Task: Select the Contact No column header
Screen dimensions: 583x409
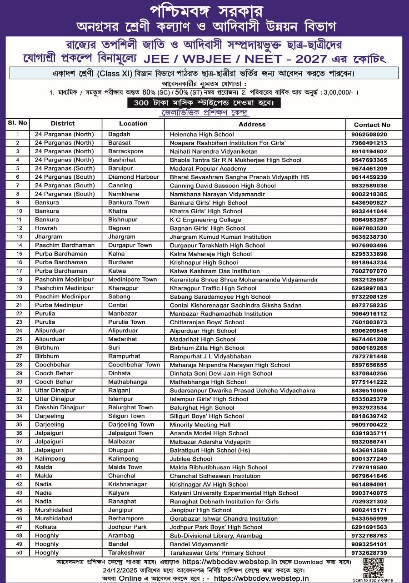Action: click(x=372, y=125)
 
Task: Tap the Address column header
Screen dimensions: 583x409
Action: click(x=252, y=124)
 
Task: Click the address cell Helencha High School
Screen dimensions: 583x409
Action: click(x=202, y=135)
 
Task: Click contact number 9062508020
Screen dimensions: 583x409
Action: click(x=369, y=135)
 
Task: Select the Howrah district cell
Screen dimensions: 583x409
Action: click(x=46, y=228)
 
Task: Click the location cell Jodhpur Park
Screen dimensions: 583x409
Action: click(x=127, y=527)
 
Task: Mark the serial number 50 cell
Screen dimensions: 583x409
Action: click(x=18, y=553)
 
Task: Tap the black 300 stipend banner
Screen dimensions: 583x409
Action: click(x=204, y=103)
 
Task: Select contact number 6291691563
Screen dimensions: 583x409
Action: click(x=369, y=527)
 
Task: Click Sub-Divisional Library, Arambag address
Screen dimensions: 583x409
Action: click(x=216, y=536)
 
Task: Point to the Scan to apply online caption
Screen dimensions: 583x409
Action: click(x=373, y=580)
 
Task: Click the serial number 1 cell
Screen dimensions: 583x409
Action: click(x=18, y=135)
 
